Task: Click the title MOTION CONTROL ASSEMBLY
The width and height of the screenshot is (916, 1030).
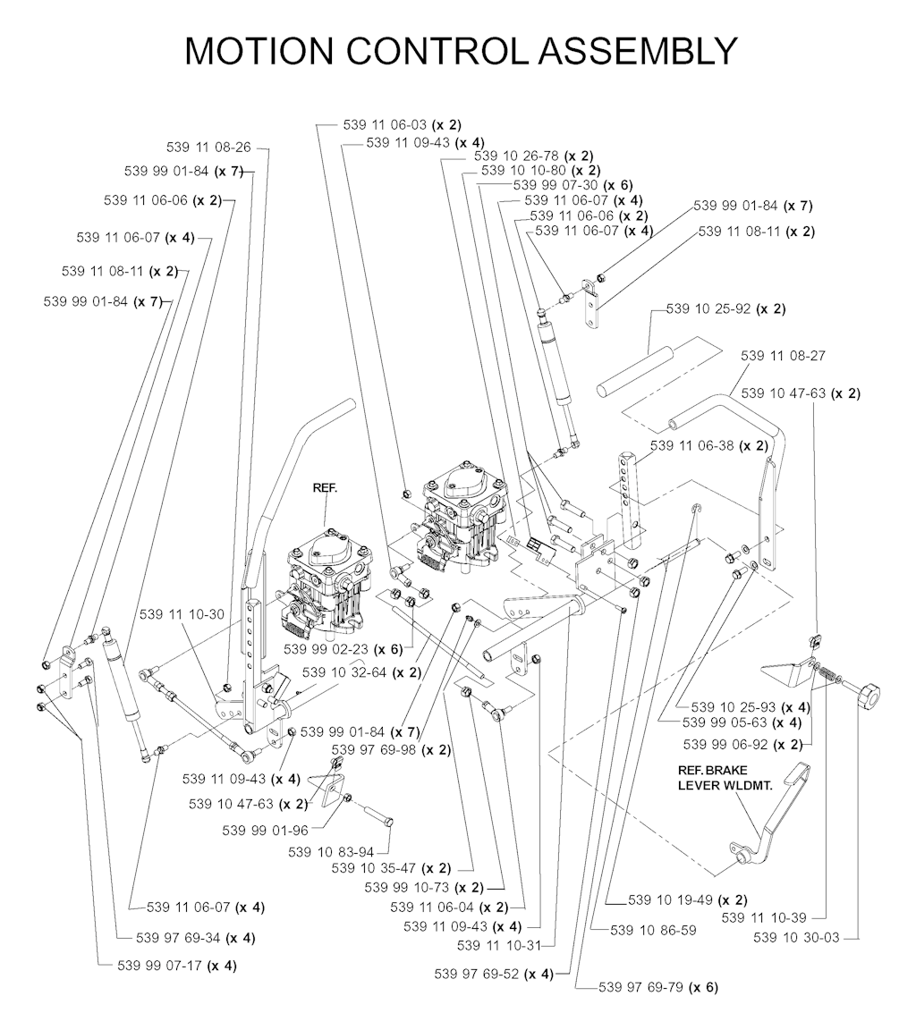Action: pyautogui.click(x=461, y=51)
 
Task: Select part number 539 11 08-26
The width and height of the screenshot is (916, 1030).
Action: pyautogui.click(x=208, y=147)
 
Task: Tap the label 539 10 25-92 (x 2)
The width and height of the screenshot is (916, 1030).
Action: pyautogui.click(x=725, y=309)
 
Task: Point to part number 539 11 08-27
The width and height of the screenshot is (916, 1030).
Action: pyautogui.click(x=783, y=356)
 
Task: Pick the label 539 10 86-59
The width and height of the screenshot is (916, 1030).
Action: pyautogui.click(x=652, y=931)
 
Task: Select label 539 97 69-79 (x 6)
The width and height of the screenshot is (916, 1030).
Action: pyautogui.click(x=658, y=987)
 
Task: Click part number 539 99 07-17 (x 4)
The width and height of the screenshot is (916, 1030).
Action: pyautogui.click(x=177, y=966)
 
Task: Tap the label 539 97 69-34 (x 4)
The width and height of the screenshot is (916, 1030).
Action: pyautogui.click(x=196, y=938)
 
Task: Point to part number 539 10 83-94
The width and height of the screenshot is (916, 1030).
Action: pyautogui.click(x=331, y=852)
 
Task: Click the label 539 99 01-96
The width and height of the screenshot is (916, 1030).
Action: pyautogui.click(x=265, y=830)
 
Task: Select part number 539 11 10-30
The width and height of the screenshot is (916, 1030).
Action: pyautogui.click(x=182, y=615)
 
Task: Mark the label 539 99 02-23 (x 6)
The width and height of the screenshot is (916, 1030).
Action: pyautogui.click(x=343, y=648)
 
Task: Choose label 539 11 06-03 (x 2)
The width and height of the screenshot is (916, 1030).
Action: pyautogui.click(x=402, y=124)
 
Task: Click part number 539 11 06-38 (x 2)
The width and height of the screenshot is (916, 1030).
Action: pyautogui.click(x=709, y=444)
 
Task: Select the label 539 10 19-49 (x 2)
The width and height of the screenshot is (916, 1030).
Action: pyautogui.click(x=687, y=899)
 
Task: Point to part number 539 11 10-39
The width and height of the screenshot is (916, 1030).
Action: pyautogui.click(x=763, y=917)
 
